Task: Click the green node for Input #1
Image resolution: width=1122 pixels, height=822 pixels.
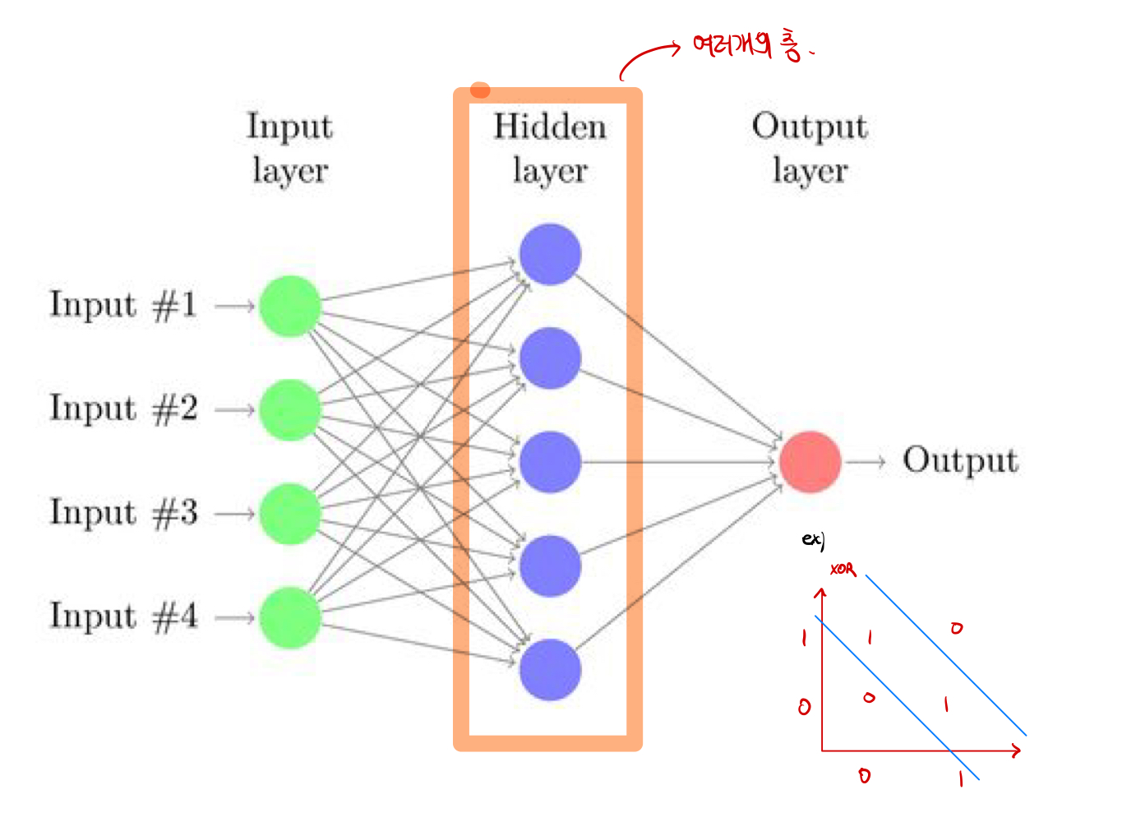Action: point(289,306)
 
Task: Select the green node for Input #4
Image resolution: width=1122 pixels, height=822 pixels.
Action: point(289,617)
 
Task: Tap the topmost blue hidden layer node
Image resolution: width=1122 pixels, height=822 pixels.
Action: point(550,255)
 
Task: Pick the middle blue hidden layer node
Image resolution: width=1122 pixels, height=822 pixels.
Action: point(550,462)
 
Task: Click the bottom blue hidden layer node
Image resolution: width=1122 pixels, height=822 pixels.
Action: point(550,670)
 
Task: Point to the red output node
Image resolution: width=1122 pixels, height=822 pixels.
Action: point(810,462)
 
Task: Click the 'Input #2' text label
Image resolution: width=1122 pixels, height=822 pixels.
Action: point(123,409)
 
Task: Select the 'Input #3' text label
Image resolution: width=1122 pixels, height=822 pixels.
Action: point(123,513)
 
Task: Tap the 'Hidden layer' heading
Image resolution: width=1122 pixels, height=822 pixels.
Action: point(549,148)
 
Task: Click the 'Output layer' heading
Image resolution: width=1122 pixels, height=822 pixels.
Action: point(810,148)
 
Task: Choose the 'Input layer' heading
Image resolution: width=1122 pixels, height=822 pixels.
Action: point(289,148)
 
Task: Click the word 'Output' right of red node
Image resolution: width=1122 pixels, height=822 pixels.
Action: point(960,460)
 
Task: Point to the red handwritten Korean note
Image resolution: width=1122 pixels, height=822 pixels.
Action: point(745,45)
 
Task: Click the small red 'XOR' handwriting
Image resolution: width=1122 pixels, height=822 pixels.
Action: point(843,569)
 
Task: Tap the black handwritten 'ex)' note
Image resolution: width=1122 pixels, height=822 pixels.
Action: point(813,540)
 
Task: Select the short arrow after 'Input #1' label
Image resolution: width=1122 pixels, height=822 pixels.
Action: point(235,306)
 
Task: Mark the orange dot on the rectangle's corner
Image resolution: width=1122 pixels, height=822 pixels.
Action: point(480,90)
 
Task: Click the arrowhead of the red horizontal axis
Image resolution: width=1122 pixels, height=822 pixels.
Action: point(1017,750)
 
